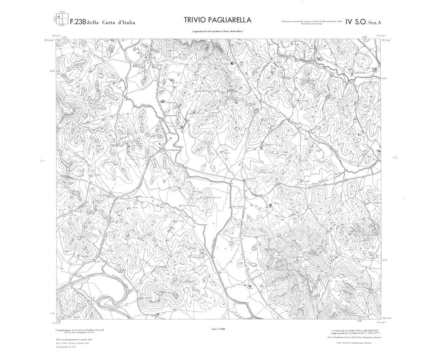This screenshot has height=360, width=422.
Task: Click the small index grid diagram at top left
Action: (62, 20)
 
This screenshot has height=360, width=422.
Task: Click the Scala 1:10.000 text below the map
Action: (218, 329)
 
